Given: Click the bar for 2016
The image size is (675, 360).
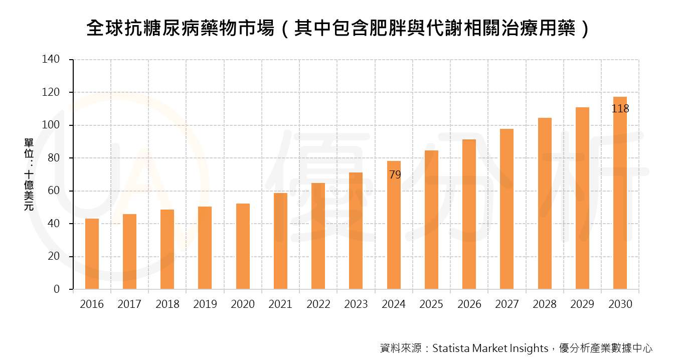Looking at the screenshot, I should coord(92,254).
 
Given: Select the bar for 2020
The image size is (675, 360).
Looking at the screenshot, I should coord(243,246).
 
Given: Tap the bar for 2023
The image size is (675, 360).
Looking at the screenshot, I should coord(356,231).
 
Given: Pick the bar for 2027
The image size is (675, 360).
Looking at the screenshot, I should coord(507,209).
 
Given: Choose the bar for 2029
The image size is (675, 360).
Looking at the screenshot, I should coord(582,198).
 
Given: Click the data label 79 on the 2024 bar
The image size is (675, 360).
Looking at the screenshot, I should coord(395,175).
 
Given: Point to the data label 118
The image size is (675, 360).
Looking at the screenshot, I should coord(620,109).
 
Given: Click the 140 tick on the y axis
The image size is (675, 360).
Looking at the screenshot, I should coord(51,60).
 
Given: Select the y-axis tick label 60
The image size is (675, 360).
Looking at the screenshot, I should coord(54,191).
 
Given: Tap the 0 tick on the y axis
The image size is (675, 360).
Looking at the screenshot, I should coord(57,289).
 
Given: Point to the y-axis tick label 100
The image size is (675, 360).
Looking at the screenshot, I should coord(51,125).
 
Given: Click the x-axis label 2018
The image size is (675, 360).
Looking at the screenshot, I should coord(167,304).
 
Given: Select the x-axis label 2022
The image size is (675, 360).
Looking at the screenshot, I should coord(318,304).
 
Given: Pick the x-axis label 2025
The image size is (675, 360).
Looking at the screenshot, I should coord(431,304).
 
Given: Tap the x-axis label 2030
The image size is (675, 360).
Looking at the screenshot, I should coord(620,304).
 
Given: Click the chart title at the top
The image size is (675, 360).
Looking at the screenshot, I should coord(337,29).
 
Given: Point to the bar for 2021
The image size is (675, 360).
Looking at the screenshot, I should coord(281,241).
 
